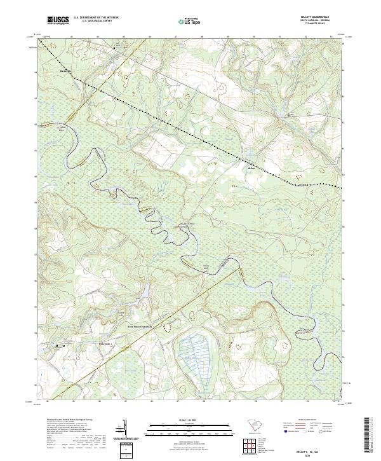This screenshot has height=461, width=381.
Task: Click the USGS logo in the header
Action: point(58,20)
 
